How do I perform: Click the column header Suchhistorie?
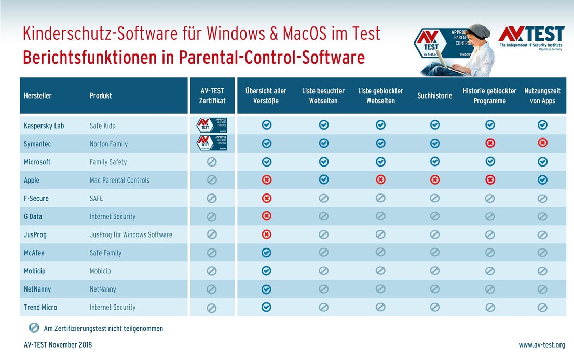click(x=434, y=95)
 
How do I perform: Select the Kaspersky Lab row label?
click(x=44, y=126)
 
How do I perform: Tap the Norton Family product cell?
click(x=108, y=144)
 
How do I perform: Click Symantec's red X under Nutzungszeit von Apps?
click(x=542, y=143)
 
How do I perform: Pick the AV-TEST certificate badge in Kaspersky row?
click(x=211, y=125)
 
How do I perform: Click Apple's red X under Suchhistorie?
click(x=435, y=180)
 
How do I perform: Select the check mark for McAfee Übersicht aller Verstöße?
click(x=266, y=253)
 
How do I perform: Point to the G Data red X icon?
click(x=266, y=216)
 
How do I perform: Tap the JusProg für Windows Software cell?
click(x=131, y=234)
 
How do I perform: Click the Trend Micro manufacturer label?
click(x=40, y=307)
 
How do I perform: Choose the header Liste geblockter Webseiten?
click(x=380, y=95)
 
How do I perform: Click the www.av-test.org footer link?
click(x=542, y=344)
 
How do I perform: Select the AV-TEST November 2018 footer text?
click(x=58, y=344)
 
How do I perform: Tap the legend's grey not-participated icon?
click(x=34, y=328)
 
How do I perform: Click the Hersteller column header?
click(x=38, y=95)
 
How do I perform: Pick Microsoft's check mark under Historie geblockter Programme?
click(x=489, y=162)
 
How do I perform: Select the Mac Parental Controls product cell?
click(x=119, y=180)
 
